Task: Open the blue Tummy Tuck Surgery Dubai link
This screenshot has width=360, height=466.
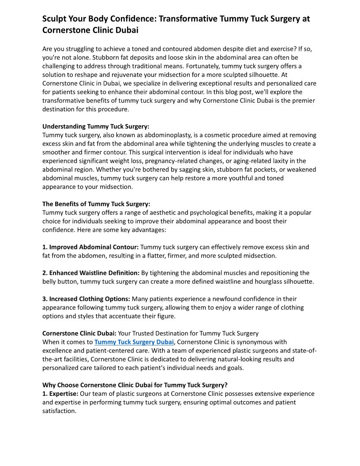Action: [134, 342]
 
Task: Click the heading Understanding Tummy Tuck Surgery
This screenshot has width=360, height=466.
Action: [96, 126]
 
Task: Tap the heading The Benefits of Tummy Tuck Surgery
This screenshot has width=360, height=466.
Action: [96, 204]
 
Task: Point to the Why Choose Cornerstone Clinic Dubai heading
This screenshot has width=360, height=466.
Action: [135, 385]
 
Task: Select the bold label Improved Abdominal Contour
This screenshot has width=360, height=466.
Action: [90, 247]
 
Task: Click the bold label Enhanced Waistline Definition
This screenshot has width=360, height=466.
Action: [91, 273]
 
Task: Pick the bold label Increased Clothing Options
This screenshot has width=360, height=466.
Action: [86, 299]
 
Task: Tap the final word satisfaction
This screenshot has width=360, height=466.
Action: [59, 411]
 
